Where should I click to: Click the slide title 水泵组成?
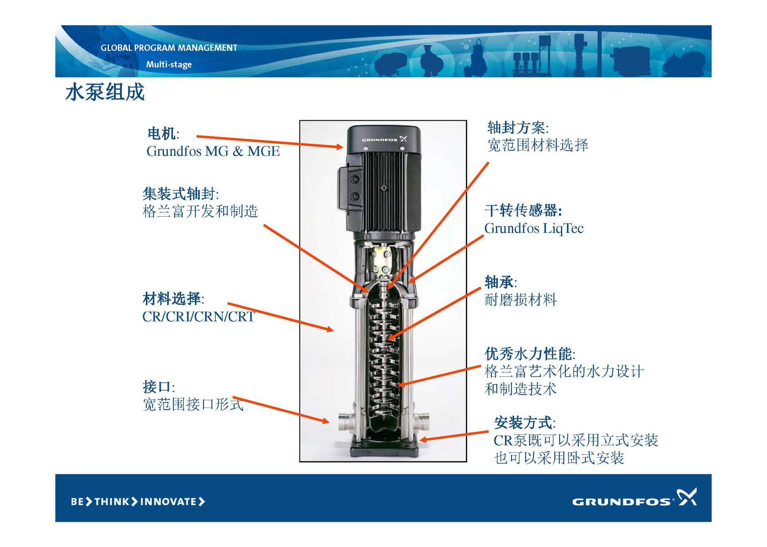105,92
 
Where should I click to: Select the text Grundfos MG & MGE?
213,151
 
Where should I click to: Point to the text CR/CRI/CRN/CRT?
199,316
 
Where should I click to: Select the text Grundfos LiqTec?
534,228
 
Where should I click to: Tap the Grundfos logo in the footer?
634,498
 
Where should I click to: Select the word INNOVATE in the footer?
168,501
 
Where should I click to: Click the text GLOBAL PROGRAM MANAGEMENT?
169,48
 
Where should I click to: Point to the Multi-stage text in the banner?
169,64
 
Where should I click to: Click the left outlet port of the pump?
344,421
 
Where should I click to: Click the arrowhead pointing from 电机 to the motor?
339,147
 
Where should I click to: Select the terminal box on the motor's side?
350,188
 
